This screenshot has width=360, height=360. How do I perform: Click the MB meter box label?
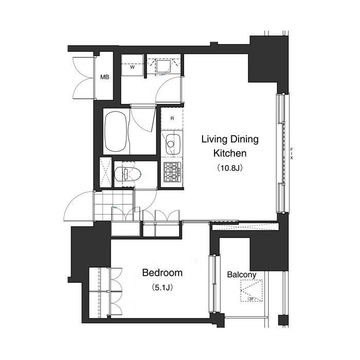click(x=104, y=78)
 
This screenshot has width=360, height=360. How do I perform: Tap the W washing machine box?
click(x=132, y=67)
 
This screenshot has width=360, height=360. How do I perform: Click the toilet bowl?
click(x=125, y=173)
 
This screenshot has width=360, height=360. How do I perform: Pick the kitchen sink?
click(x=172, y=142)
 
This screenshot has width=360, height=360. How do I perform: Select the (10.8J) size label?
click(x=230, y=167)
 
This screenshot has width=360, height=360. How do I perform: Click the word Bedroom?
click(x=162, y=274)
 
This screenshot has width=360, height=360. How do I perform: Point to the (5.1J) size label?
click(x=162, y=287)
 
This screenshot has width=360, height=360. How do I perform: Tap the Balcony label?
click(x=241, y=275)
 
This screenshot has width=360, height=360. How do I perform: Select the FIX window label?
click(x=292, y=153)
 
